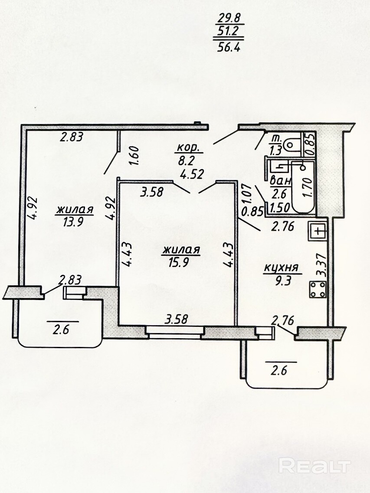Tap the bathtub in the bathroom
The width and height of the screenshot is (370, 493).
click(x=303, y=187)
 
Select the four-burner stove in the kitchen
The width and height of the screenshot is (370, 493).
click(x=318, y=290)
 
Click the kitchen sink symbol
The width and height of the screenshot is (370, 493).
click(x=318, y=232)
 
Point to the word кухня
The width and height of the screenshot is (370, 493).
click(x=281, y=268)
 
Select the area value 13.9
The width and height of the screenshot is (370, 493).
click(x=73, y=222)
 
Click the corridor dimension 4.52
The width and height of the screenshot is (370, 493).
click(x=192, y=174)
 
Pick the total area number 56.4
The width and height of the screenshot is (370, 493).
click(x=229, y=47)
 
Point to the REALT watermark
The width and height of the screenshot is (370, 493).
click(x=314, y=466)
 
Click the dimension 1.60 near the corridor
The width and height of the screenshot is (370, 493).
click(x=134, y=154)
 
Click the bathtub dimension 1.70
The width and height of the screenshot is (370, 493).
click(x=308, y=187)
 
